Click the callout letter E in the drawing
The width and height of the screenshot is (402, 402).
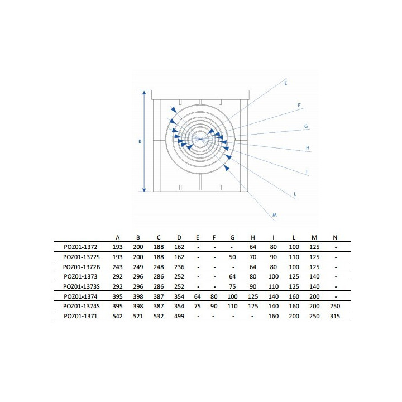coord(286,83)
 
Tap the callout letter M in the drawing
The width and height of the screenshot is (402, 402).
coord(275,215)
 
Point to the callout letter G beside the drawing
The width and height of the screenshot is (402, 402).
coord(306,126)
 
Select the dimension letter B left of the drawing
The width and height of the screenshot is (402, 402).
coord(140,141)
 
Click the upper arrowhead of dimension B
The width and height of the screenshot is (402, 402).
coord(144,93)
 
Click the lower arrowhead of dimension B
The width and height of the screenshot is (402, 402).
coord(144,189)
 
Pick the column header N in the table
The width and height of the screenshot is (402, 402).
coord(335,238)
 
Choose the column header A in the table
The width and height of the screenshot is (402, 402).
coord(118,238)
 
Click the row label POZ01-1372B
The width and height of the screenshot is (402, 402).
coord(82,267)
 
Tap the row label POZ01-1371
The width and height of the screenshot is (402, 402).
coord(80,316)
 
